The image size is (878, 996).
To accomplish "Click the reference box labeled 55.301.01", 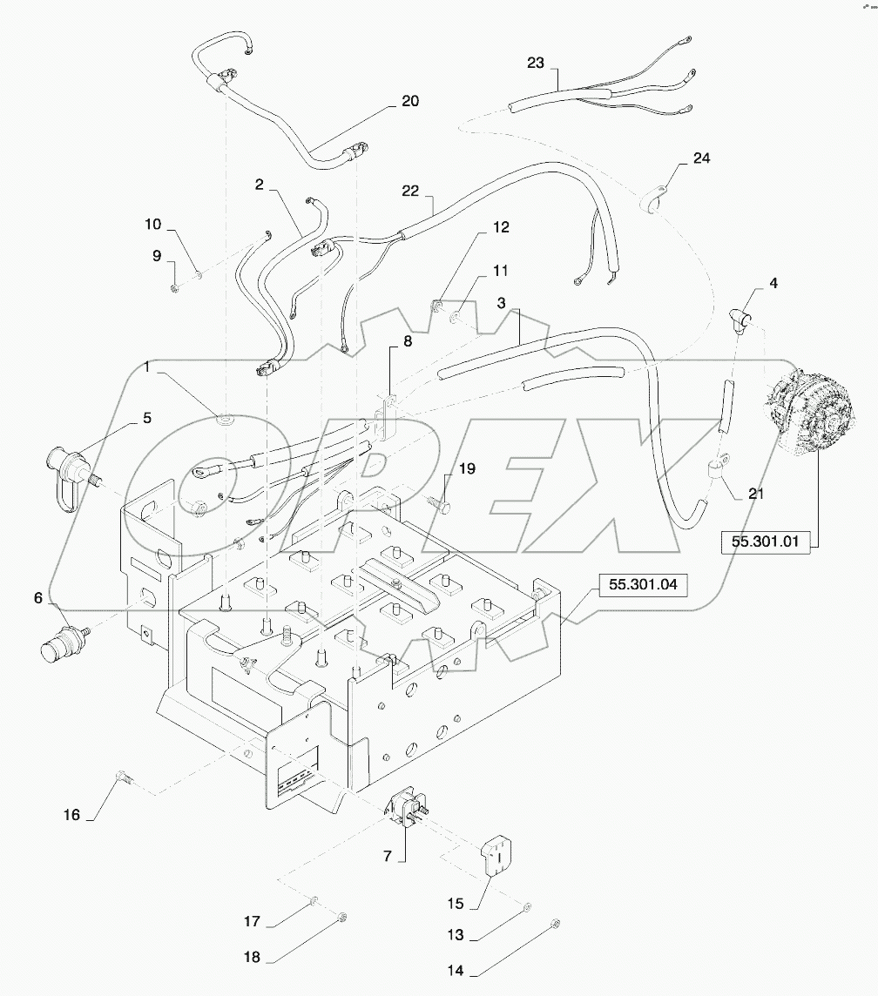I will click(x=766, y=541).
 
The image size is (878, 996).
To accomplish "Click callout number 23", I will click(x=535, y=62).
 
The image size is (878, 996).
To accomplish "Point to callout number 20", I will click(x=409, y=101).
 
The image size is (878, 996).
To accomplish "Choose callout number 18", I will click(x=252, y=955).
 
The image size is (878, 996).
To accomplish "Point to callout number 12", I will click(x=500, y=226).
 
